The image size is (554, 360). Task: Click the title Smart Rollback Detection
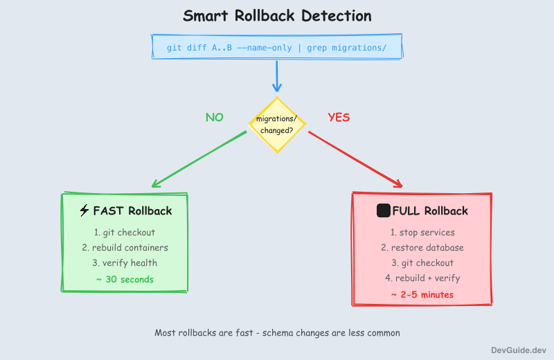pos(277,16)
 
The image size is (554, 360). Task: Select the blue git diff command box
pos(277,47)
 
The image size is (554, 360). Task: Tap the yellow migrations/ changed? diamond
pos(276,124)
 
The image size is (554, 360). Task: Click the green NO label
pos(215,117)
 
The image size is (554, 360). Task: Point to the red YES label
pos(339,117)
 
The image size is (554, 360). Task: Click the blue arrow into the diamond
pos(277,76)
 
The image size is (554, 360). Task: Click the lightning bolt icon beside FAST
pos(84,210)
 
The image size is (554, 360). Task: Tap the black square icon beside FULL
pos(383,210)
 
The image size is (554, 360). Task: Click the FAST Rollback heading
pos(132,210)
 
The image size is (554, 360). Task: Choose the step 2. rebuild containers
pos(125,247)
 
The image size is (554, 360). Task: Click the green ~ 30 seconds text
pos(125,279)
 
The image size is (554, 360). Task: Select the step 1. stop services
pos(422,232)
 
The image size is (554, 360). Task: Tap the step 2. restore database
pos(422,247)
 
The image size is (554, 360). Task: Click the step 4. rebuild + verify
pos(422,278)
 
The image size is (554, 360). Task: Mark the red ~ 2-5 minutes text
pos(422,294)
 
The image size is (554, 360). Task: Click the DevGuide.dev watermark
pos(519,350)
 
